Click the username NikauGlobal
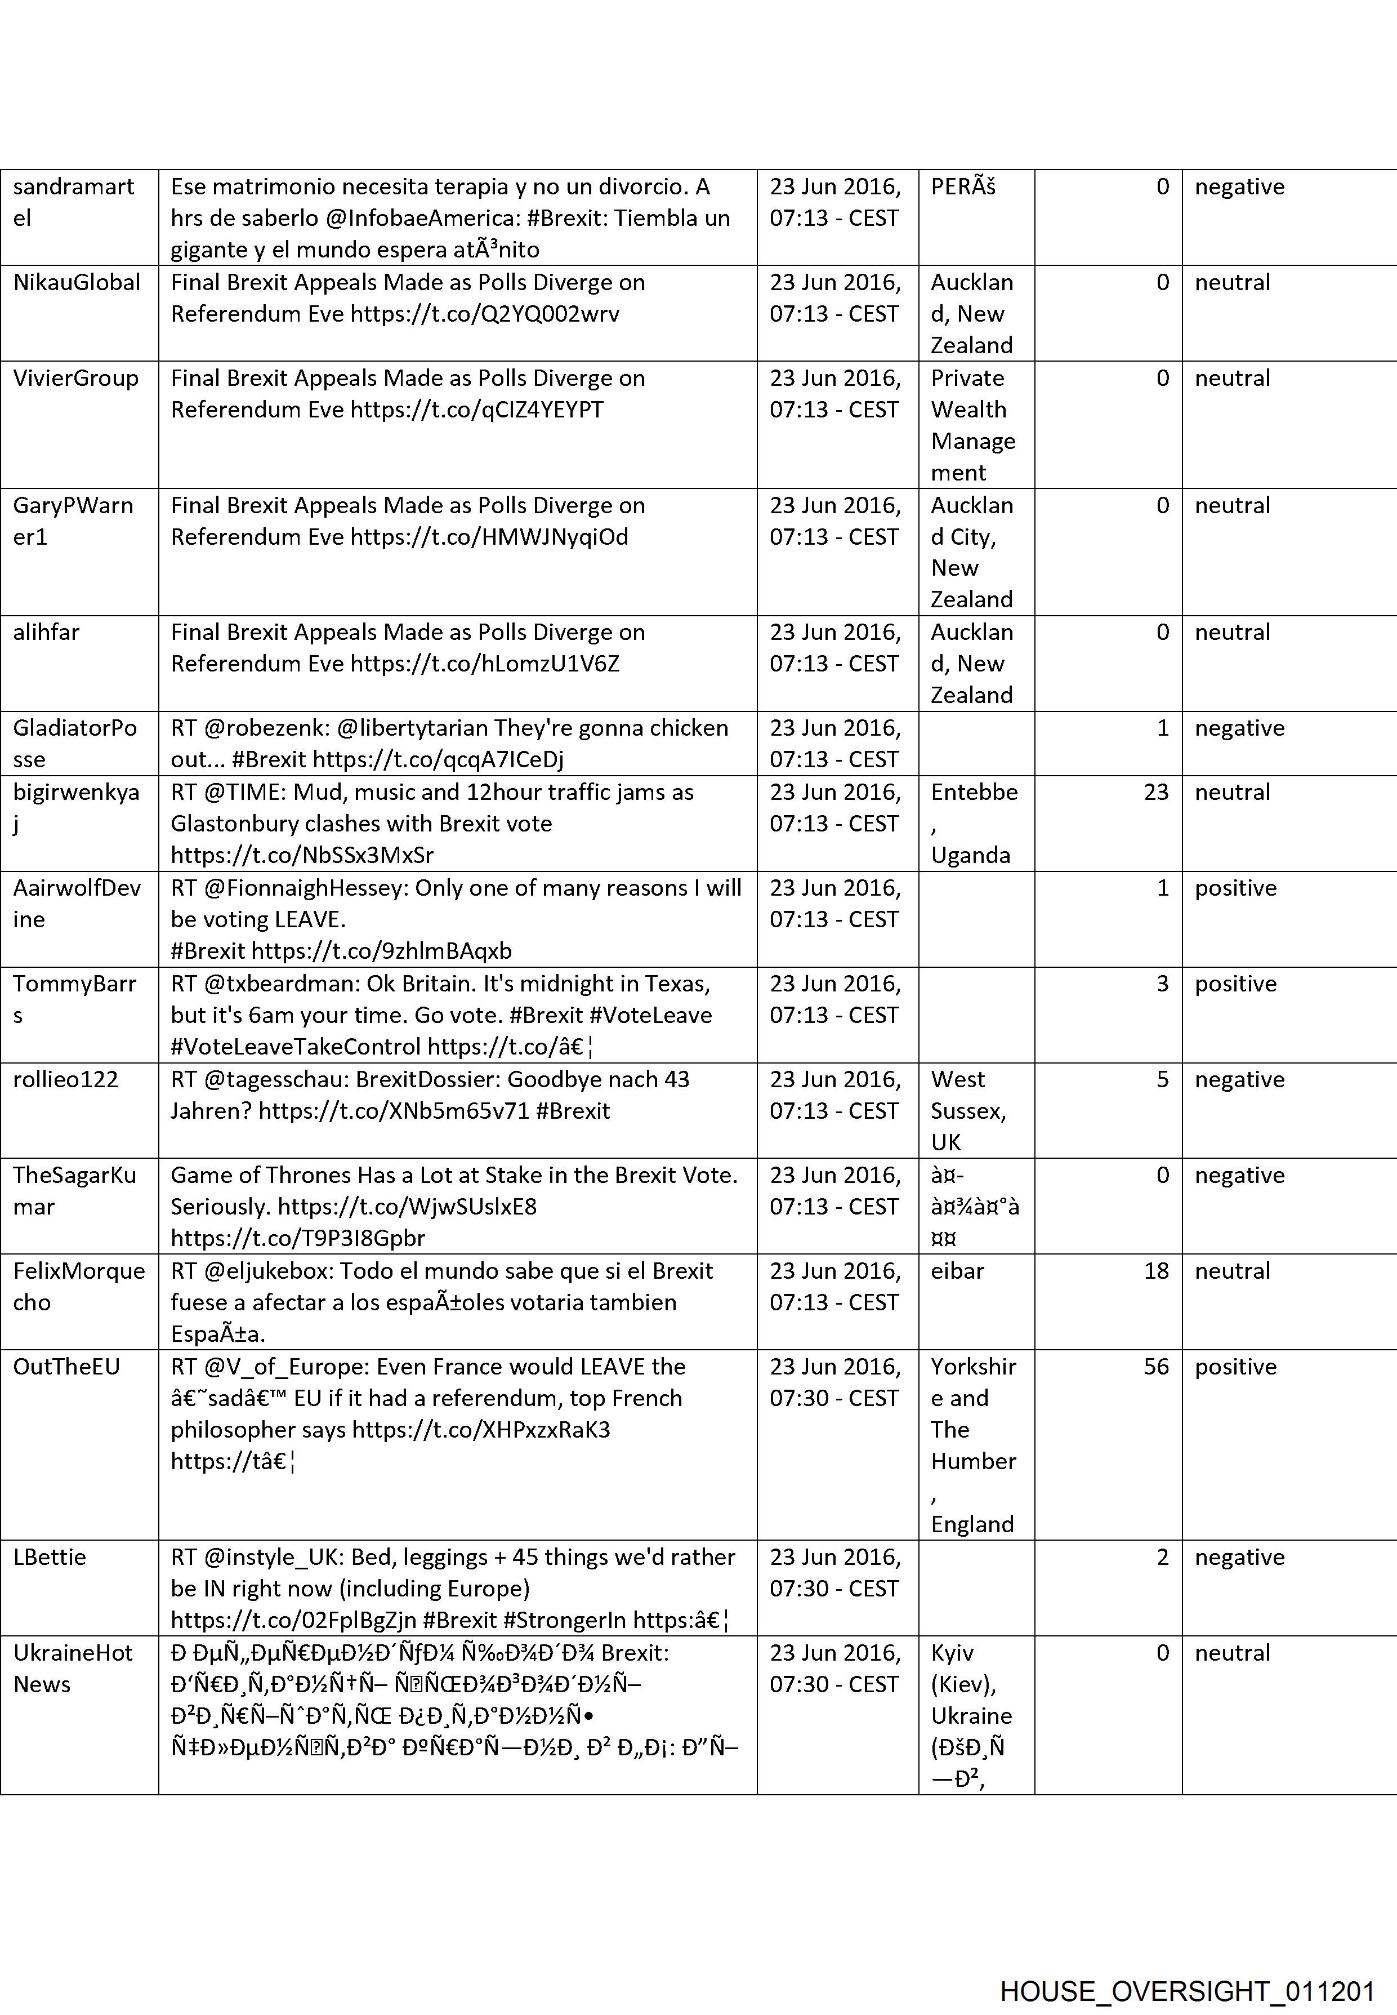pyautogui.click(x=77, y=283)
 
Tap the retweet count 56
pyautogui.click(x=1155, y=1367)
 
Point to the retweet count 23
pyautogui.click(x=1155, y=793)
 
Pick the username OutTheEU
pyautogui.click(x=66, y=1367)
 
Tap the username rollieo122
pyautogui.click(x=66, y=1080)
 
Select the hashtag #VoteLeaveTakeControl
pyautogui.click(x=296, y=1047)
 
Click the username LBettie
pyautogui.click(x=50, y=1557)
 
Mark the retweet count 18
pyautogui.click(x=1155, y=1271)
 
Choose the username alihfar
pyautogui.click(x=46, y=632)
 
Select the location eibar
pyautogui.click(x=958, y=1271)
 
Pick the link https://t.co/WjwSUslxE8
pyautogui.click(x=407, y=1207)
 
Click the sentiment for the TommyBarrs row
pyautogui.click(x=1235, y=984)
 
